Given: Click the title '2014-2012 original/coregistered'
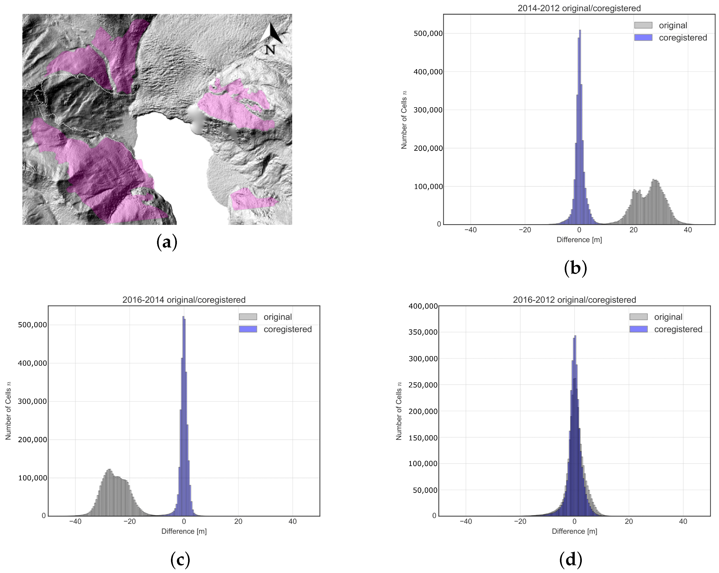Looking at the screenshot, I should click(579, 8).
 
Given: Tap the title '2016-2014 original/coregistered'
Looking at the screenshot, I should click(184, 300).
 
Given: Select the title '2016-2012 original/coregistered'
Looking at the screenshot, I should click(574, 300).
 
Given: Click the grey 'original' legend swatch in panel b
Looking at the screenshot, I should click(643, 25).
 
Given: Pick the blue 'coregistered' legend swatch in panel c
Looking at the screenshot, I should click(248, 329).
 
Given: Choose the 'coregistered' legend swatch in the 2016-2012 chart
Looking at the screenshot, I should click(638, 329).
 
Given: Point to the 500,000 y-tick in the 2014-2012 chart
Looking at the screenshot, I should click(428, 34).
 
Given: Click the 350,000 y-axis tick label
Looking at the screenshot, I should click(423, 332).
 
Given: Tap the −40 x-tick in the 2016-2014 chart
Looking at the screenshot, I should click(75, 522).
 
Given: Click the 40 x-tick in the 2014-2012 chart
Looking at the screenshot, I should click(688, 230).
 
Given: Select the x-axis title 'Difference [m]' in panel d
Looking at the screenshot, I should click(574, 531).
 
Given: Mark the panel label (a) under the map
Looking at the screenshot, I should click(166, 242).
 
